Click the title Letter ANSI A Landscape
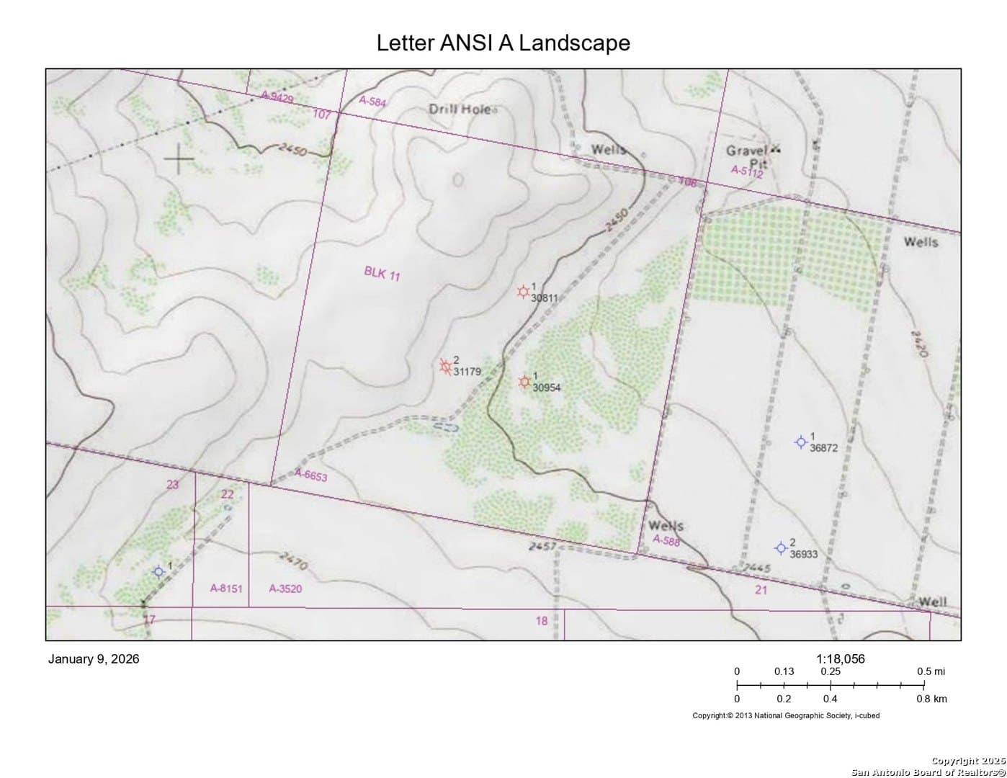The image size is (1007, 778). click(x=503, y=43)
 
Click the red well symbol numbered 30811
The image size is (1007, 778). click(x=524, y=292)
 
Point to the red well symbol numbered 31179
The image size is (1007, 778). click(x=446, y=366)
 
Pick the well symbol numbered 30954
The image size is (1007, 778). click(x=525, y=381)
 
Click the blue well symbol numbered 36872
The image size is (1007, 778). click(x=800, y=442)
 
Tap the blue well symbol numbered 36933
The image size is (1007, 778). click(x=780, y=548)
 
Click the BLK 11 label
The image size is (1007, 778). click(x=382, y=273)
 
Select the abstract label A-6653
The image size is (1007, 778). click(x=311, y=475)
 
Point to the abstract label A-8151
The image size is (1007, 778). click(x=226, y=589)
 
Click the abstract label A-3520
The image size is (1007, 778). click(x=285, y=589)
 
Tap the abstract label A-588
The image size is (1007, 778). click(x=666, y=540)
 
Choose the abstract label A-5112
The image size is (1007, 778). click(x=746, y=171)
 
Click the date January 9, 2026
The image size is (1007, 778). click(x=94, y=659)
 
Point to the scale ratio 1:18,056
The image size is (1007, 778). click(x=840, y=658)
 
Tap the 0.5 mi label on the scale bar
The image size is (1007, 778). click(x=931, y=671)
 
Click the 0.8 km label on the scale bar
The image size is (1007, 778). click(x=931, y=699)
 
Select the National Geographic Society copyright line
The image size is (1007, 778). click(x=786, y=715)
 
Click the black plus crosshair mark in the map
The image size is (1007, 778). click(x=178, y=158)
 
